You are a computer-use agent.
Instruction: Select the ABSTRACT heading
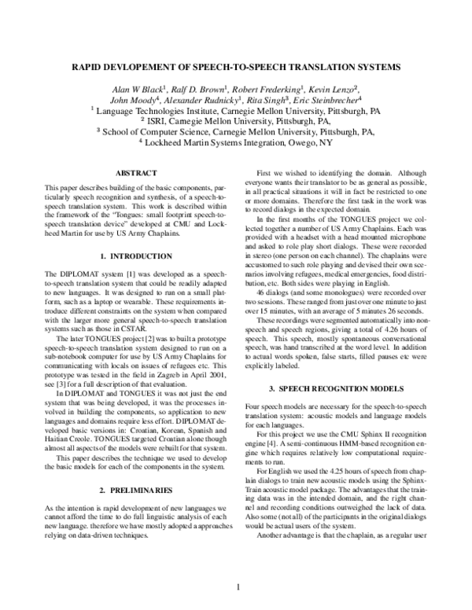135,171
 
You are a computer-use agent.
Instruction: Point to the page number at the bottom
237,588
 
